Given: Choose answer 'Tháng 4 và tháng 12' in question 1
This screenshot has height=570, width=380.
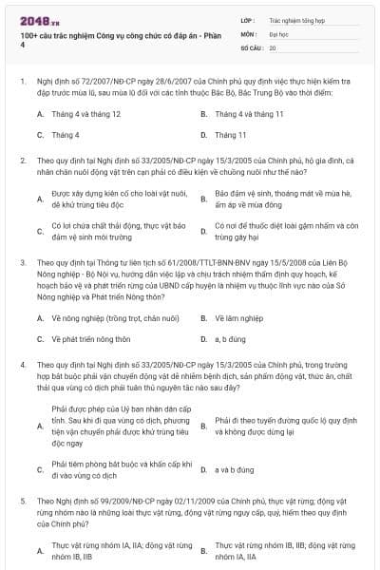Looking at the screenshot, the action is pos(85,113).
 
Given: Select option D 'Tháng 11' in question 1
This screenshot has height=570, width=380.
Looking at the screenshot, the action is pos(230,135).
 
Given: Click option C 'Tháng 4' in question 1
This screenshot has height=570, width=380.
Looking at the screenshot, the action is pos(66,135).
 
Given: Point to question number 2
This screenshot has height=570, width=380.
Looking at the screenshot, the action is pos(23,161).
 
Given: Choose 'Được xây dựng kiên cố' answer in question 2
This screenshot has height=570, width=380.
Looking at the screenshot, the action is pos(104,198).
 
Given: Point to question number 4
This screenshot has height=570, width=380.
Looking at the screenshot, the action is pos(23,365).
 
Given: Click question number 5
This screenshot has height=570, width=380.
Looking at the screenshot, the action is pos(23,500).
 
